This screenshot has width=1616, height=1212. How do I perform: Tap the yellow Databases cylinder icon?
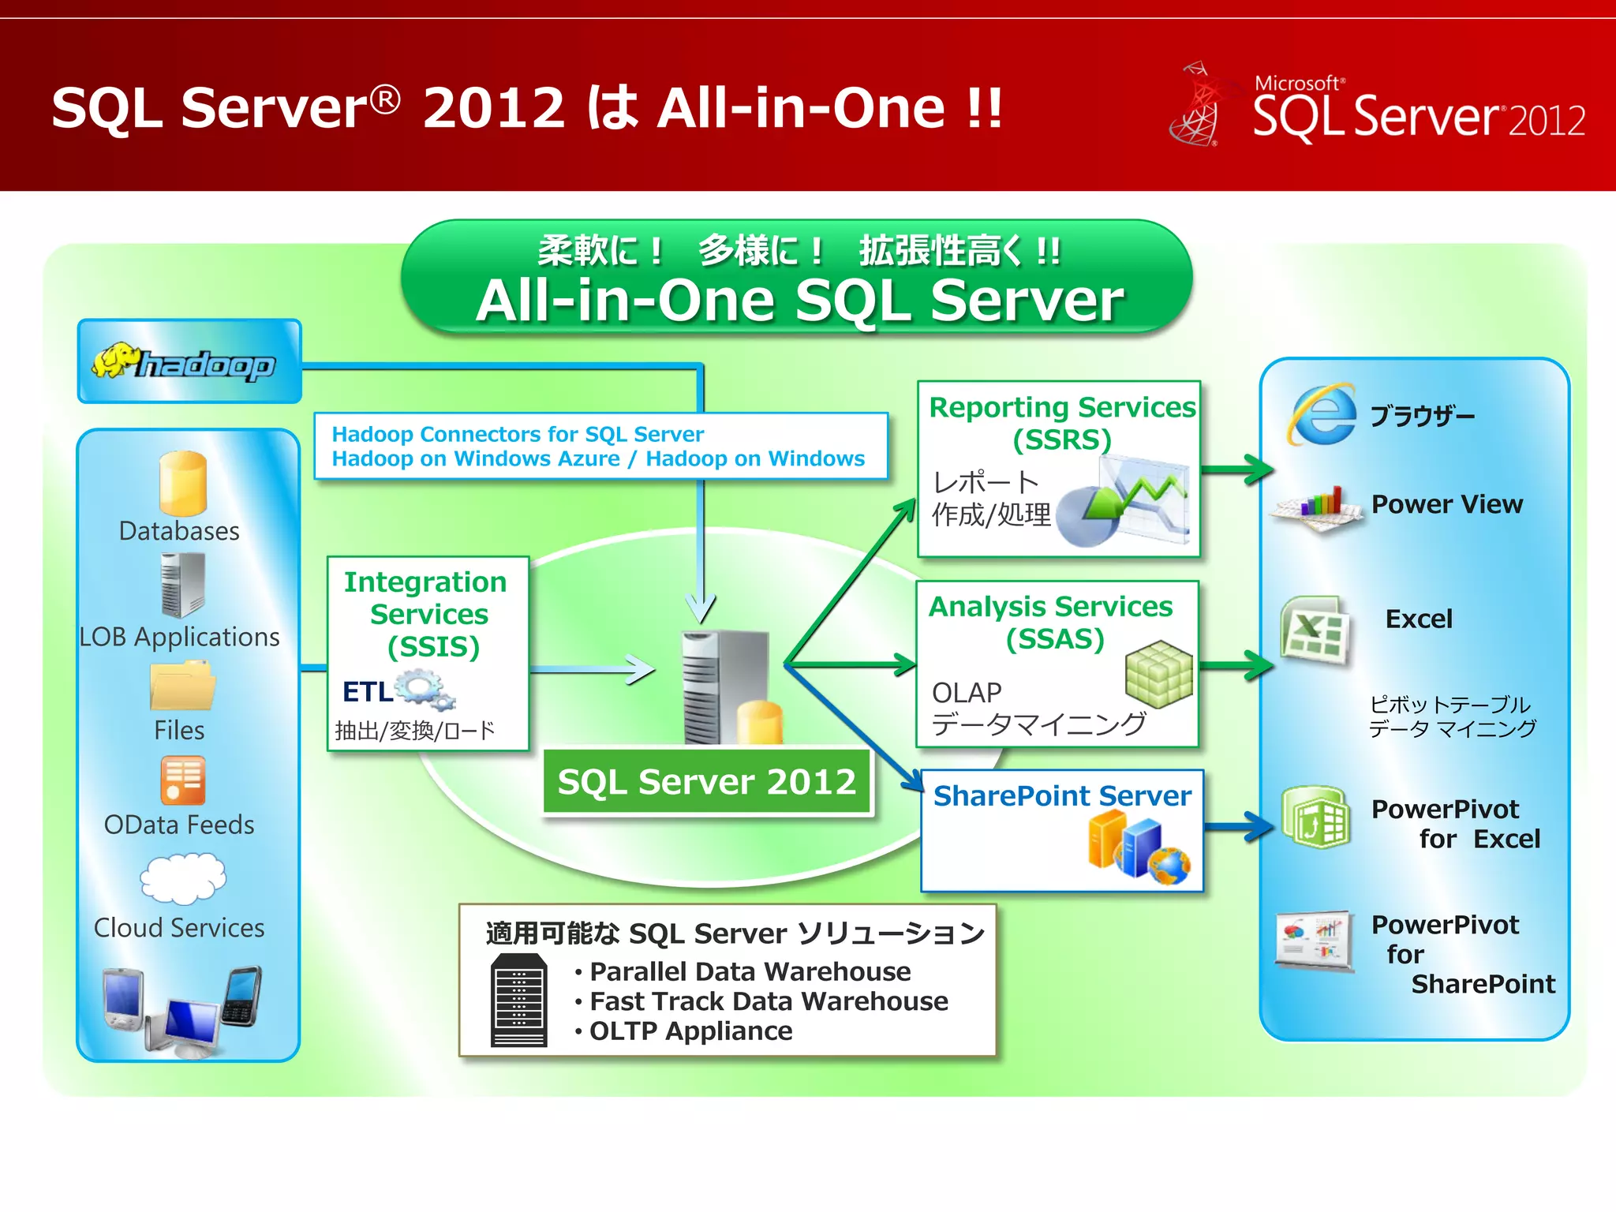(x=183, y=483)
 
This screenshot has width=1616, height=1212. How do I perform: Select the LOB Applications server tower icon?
(x=183, y=585)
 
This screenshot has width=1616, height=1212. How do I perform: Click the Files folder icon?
(x=182, y=686)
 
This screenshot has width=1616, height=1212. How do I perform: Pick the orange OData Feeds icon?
(x=183, y=780)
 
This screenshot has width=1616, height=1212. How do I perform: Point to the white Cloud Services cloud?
(x=183, y=878)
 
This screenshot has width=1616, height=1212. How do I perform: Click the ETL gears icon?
(x=426, y=689)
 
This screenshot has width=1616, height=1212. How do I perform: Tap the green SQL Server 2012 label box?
(x=707, y=782)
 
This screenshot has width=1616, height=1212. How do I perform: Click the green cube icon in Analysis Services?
(x=1158, y=673)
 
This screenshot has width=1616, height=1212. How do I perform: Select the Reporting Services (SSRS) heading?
(x=1062, y=423)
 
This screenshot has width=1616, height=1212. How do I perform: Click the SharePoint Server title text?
(x=1062, y=795)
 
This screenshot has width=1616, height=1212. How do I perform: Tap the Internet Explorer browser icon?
(x=1322, y=414)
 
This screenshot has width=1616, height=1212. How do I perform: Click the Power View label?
(x=1446, y=504)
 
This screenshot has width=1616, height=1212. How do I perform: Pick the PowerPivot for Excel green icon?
(x=1315, y=817)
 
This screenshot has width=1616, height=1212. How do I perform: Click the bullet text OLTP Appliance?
(x=690, y=1031)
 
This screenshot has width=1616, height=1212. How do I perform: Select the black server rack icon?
(x=518, y=1000)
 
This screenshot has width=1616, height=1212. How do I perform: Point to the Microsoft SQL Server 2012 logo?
(x=1377, y=107)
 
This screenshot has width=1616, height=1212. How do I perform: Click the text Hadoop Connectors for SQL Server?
(x=518, y=434)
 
